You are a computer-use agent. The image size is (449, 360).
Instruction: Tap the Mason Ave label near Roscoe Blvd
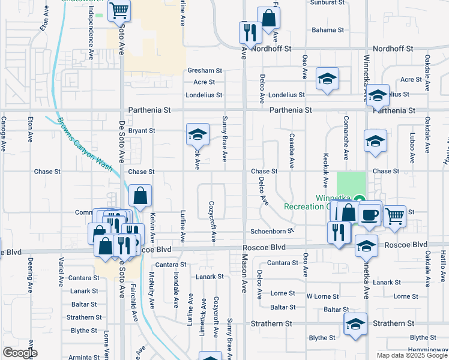[245, 271]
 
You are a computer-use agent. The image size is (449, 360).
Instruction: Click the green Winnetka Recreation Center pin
[359, 199]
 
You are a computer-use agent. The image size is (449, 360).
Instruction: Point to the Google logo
[20, 353]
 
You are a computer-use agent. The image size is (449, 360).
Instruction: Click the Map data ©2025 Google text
[412, 355]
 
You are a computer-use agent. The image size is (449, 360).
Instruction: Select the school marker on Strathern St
[355, 324]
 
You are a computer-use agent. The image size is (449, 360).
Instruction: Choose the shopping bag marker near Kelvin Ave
[140, 196]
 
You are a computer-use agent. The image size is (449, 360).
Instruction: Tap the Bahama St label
[327, 29]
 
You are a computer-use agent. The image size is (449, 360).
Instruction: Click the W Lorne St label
[323, 296]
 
